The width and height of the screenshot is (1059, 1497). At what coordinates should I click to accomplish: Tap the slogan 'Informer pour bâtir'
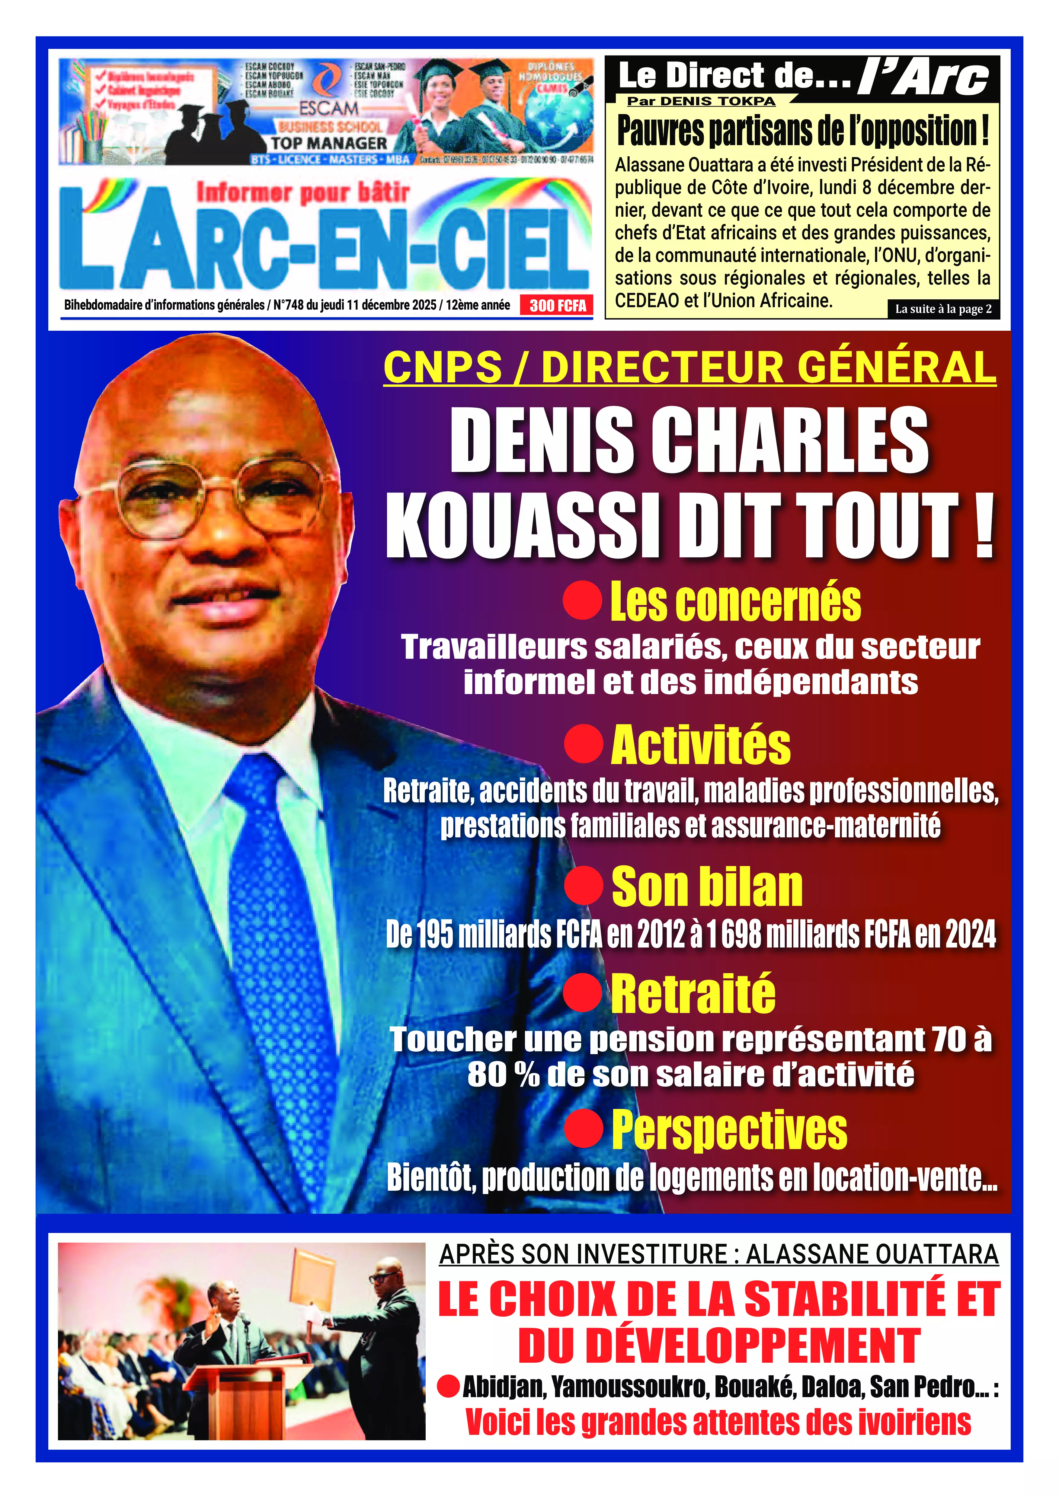pyautogui.click(x=303, y=192)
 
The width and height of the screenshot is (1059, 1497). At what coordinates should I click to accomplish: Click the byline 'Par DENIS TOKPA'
pyautogui.click(x=701, y=101)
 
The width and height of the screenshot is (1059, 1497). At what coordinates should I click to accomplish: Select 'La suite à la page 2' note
pyautogui.click(x=943, y=309)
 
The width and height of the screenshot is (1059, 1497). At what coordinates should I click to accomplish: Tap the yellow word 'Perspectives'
pyautogui.click(x=729, y=1130)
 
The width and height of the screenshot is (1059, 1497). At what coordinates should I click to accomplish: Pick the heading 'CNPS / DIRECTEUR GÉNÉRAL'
pyautogui.click(x=690, y=367)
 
